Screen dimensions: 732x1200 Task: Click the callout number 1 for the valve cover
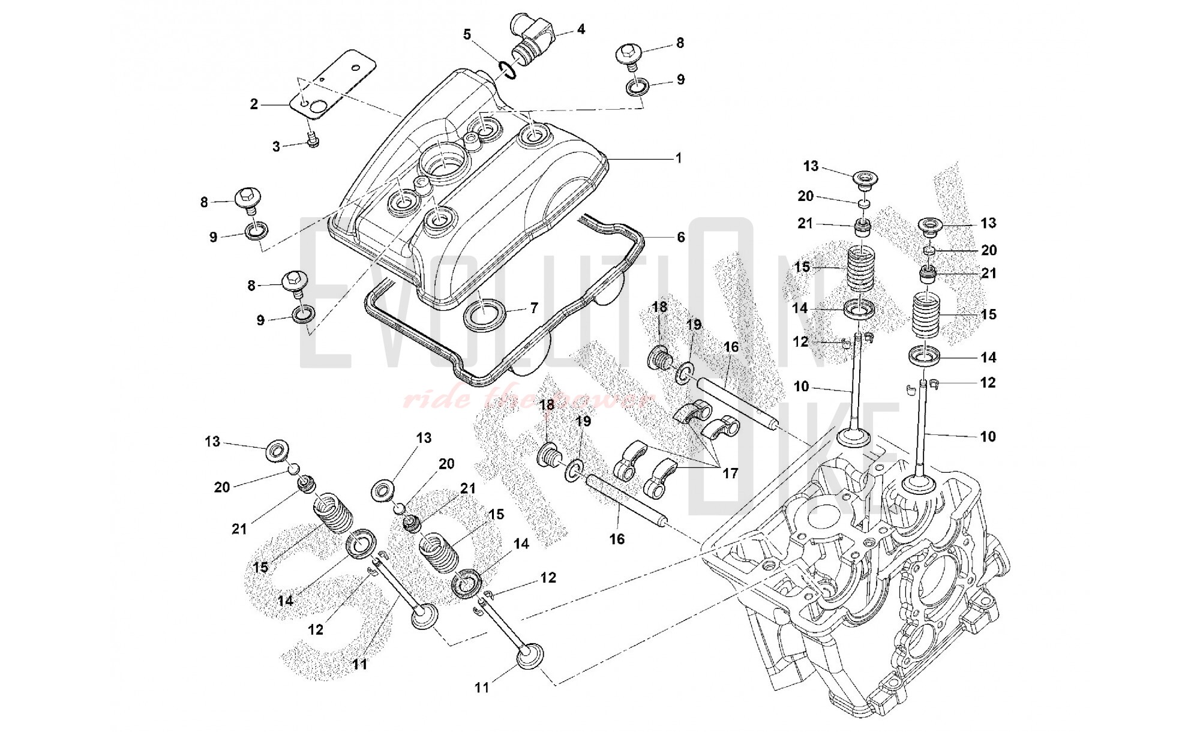point(679,158)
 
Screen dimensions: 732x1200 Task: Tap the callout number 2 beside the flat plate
point(254,104)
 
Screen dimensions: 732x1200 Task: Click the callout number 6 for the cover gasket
point(681,238)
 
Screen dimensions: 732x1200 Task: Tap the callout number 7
point(533,309)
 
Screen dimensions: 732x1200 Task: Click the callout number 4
point(581,29)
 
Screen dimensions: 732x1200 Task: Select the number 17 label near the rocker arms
point(730,473)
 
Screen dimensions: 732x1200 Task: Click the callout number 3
point(276,146)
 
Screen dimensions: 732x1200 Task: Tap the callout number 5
point(467,34)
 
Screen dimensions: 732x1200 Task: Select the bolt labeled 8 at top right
point(627,55)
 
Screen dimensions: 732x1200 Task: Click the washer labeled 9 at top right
point(637,87)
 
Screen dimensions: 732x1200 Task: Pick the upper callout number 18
point(659,307)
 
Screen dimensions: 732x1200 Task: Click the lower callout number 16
point(617,539)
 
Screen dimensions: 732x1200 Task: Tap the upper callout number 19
point(694,325)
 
